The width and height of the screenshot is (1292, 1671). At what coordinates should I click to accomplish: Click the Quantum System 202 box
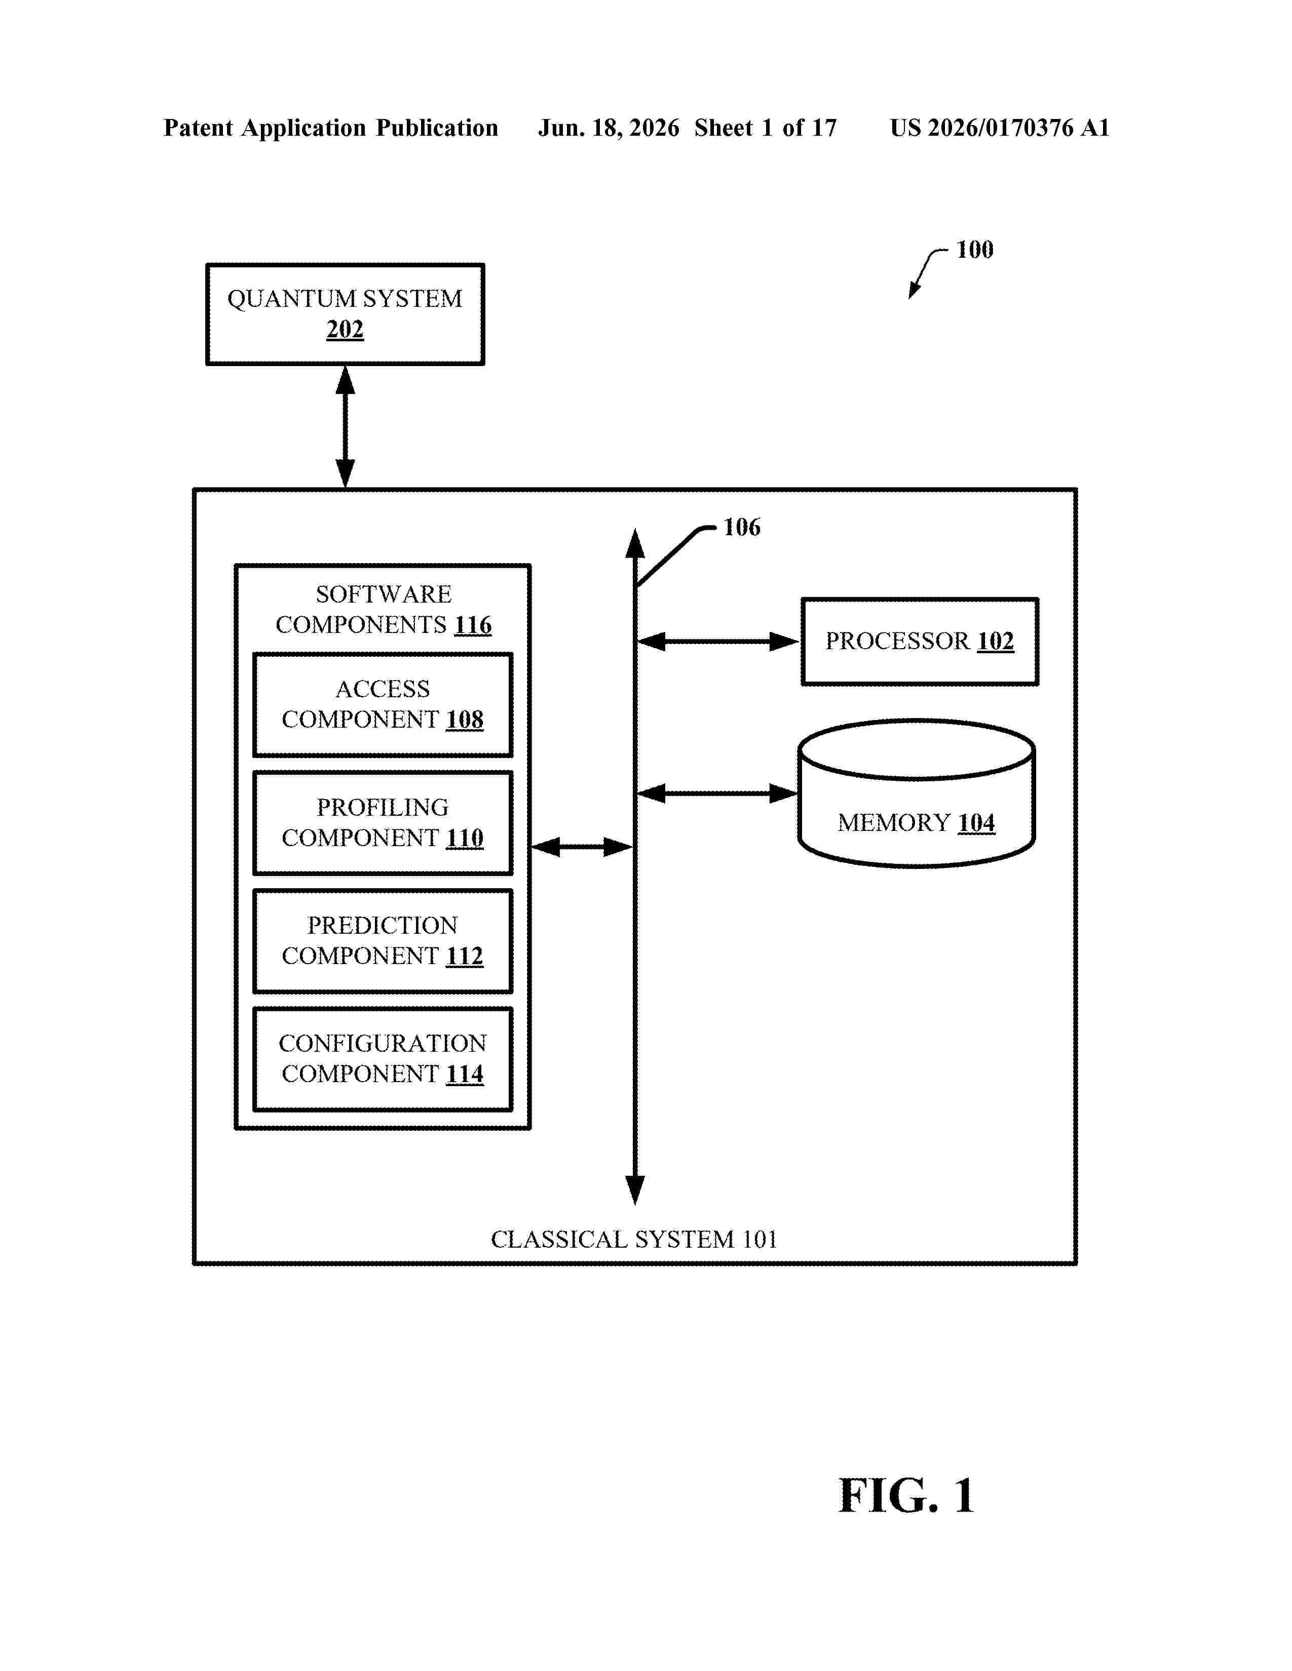coord(345,314)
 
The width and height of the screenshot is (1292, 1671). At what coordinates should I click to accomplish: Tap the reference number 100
coord(974,250)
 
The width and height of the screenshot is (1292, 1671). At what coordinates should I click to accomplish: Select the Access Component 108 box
coord(383,705)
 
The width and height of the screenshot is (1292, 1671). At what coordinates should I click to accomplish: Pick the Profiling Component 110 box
coord(383,823)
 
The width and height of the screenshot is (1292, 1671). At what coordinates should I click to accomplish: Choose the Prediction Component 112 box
coord(383,941)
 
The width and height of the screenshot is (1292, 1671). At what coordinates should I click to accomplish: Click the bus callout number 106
coord(742,527)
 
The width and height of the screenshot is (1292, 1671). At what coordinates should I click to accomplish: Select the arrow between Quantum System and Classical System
coord(345,427)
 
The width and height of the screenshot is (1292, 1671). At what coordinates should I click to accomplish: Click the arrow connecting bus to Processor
coord(718,641)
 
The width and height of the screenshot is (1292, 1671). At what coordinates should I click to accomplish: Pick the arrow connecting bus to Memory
coord(717,793)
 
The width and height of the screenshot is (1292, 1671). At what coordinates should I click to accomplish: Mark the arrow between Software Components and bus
coord(582,847)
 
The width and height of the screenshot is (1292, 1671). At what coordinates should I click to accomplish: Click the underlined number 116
coord(473,625)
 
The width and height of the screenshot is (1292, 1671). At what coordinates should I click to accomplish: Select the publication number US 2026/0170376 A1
coord(1000,128)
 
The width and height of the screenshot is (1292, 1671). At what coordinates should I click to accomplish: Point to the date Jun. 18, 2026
coord(609,128)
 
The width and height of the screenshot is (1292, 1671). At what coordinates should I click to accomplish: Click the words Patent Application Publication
coord(331,128)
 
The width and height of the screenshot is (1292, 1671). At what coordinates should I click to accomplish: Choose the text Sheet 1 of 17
coord(766,128)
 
